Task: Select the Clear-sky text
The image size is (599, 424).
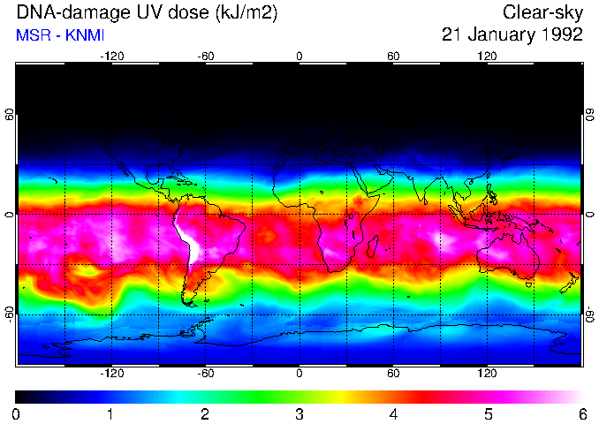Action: click(542, 12)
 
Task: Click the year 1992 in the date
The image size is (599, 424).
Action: click(561, 34)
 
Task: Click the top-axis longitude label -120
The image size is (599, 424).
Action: click(111, 56)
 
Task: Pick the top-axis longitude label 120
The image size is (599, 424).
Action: click(487, 56)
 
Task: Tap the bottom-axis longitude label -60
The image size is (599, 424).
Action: click(205, 374)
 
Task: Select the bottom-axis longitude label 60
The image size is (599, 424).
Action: click(393, 374)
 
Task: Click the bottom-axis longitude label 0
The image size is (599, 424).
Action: click(299, 374)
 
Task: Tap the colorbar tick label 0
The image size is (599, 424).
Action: click(16, 413)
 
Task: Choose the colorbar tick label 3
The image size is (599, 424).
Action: click(299, 413)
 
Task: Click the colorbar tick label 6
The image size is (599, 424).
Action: click(582, 413)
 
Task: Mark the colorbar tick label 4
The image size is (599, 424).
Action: click(394, 413)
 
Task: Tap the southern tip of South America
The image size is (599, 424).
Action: click(188, 303)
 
